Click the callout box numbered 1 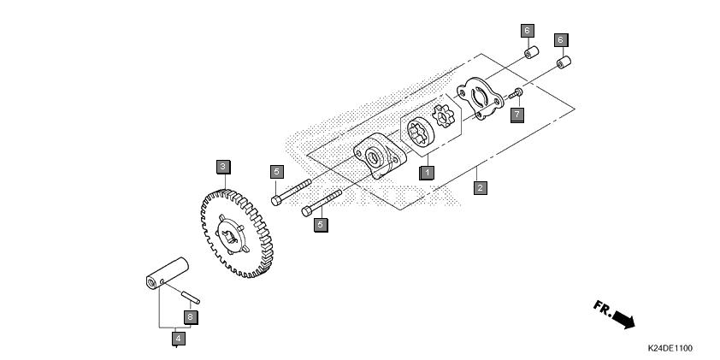tap(427, 173)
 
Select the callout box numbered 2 tap(481, 187)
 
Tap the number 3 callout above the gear tap(223, 167)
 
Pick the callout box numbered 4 tap(179, 339)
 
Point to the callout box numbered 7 tap(517, 114)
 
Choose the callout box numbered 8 tap(191, 317)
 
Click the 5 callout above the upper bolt tap(276, 172)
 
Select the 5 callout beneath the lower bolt tap(321, 225)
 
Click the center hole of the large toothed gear tap(229, 237)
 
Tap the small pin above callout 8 tap(191, 298)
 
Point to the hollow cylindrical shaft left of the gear tap(168, 273)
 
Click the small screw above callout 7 tap(516, 94)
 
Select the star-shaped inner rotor tap(443, 115)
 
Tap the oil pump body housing tap(380, 156)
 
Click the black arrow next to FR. tap(624, 319)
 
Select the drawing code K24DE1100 tap(670, 348)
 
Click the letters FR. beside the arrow tap(603, 308)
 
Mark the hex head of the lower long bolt tap(307, 212)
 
